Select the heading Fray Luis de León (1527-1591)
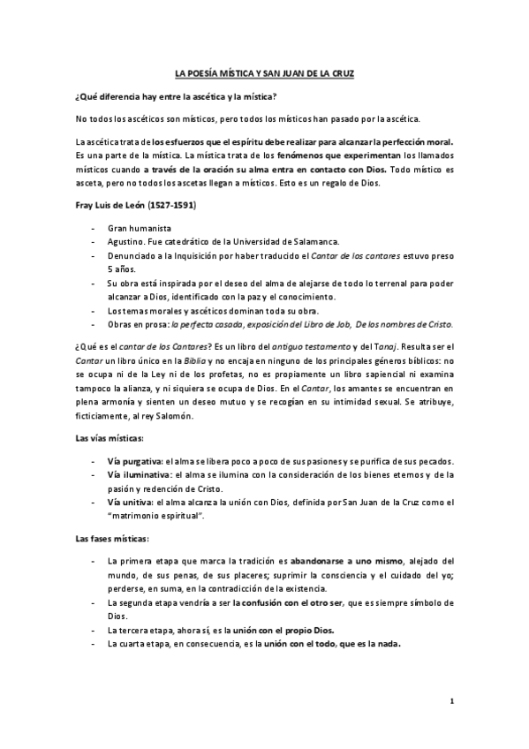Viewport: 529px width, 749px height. pyautogui.click(x=132, y=205)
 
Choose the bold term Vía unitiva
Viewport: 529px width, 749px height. pyautogui.click(x=132, y=502)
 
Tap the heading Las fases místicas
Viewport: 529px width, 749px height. pyautogui.click(x=111, y=537)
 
